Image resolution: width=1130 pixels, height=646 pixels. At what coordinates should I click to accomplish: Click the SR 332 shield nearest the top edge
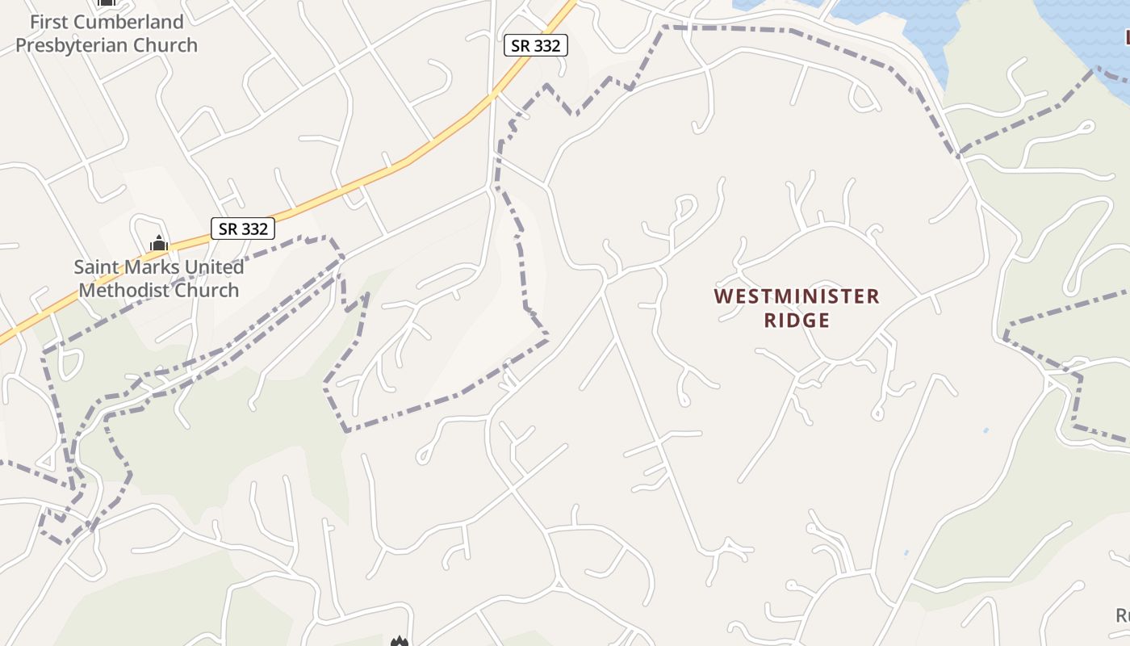pyautogui.click(x=536, y=46)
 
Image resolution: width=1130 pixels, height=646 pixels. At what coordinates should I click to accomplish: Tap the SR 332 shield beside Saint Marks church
pyautogui.click(x=243, y=229)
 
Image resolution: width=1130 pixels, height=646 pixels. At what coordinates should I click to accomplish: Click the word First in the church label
pyautogui.click(x=49, y=22)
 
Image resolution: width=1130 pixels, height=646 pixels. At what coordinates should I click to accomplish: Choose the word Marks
pyautogui.click(x=157, y=267)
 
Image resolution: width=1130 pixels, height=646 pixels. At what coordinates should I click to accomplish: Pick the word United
pyautogui.click(x=215, y=267)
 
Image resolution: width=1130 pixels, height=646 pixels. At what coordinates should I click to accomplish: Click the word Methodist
pyautogui.click(x=124, y=291)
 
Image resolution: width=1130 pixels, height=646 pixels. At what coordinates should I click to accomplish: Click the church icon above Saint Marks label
pyautogui.click(x=158, y=243)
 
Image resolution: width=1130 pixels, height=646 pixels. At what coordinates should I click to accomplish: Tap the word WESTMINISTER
pyautogui.click(x=797, y=296)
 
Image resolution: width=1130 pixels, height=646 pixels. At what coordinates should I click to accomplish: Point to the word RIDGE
pyautogui.click(x=797, y=321)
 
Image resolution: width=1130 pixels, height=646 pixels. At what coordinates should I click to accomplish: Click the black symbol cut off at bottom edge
pyautogui.click(x=398, y=642)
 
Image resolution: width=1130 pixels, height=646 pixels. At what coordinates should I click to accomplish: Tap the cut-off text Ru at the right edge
pyautogui.click(x=1122, y=616)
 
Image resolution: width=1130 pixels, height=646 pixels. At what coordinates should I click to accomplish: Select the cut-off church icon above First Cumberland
pyautogui.click(x=106, y=2)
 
